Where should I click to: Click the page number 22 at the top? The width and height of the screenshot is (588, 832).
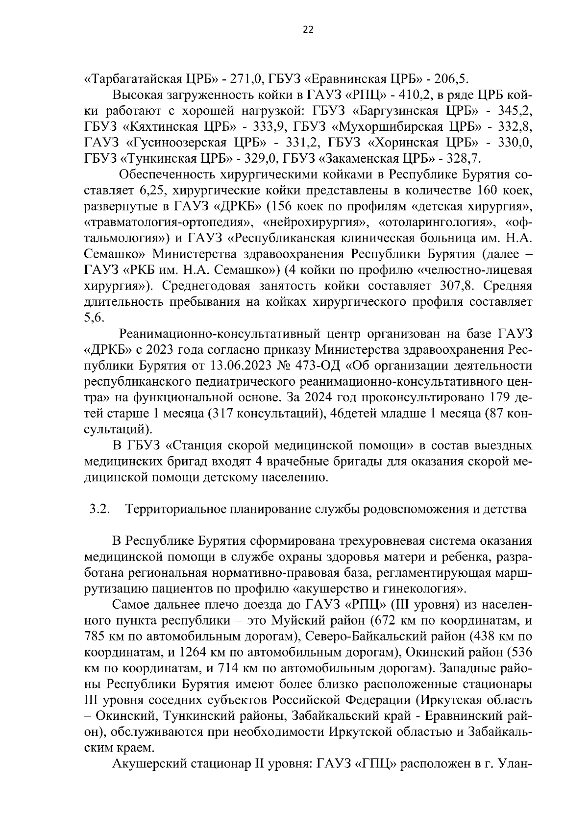tap(308, 29)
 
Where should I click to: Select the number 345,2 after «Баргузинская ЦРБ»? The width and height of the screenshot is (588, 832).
tap(515, 111)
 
